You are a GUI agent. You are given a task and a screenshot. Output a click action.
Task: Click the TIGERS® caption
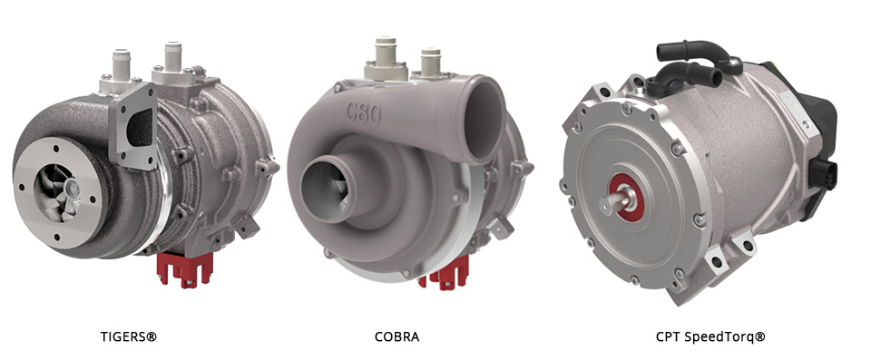[128, 336]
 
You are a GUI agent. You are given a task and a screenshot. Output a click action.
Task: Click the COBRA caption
[397, 336]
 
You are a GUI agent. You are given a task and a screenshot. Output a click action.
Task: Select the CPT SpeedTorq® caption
[710, 336]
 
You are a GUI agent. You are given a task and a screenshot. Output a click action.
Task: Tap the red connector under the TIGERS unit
[185, 269]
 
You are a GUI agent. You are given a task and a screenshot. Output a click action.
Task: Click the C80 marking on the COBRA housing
[365, 114]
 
